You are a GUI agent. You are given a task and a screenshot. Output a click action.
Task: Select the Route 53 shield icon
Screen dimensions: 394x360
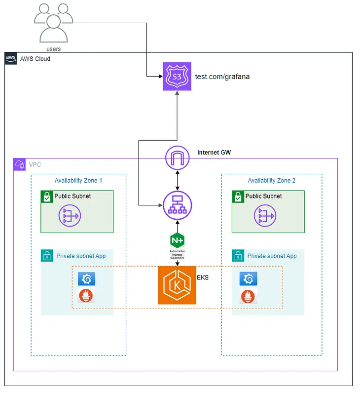(177, 77)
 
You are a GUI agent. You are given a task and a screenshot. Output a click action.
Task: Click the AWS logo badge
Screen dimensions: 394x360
(11, 59)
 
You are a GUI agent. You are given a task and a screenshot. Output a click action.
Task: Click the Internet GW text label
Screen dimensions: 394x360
(214, 153)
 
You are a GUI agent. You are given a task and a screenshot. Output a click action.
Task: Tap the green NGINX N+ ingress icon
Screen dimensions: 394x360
(177, 240)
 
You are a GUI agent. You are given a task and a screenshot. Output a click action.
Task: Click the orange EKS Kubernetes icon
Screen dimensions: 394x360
(177, 285)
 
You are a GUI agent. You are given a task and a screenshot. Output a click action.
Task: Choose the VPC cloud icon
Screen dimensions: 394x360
(20, 165)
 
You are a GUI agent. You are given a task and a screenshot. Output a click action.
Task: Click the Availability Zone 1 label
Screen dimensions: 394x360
(78, 181)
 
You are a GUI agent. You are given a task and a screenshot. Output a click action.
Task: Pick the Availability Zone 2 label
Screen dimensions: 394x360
(271, 181)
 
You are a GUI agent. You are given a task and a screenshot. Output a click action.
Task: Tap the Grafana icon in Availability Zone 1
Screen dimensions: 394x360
(87, 279)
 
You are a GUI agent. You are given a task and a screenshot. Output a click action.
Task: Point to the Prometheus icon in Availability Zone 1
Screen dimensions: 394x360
(87, 296)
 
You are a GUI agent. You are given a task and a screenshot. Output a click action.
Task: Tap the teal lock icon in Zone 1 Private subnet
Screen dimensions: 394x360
(47, 256)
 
